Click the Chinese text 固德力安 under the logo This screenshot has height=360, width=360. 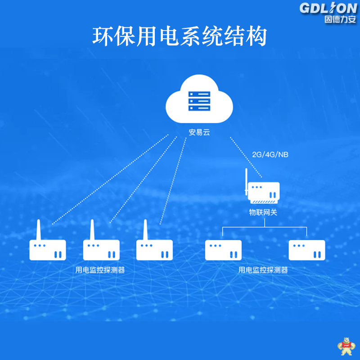336,20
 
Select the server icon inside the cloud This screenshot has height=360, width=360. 199,102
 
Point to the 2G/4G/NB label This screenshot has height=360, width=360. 270,154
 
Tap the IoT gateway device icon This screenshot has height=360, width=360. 263,192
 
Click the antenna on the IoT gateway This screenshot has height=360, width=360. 246,182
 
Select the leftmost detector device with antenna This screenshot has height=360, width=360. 47,250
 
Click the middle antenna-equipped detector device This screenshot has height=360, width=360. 101,250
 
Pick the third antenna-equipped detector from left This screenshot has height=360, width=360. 154,250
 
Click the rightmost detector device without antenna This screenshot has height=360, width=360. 306,250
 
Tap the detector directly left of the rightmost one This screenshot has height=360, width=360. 223,250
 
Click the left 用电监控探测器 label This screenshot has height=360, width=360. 100,270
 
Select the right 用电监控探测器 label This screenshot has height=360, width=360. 263,270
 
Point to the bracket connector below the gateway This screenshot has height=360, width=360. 265,229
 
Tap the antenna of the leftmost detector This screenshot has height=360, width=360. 38,229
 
